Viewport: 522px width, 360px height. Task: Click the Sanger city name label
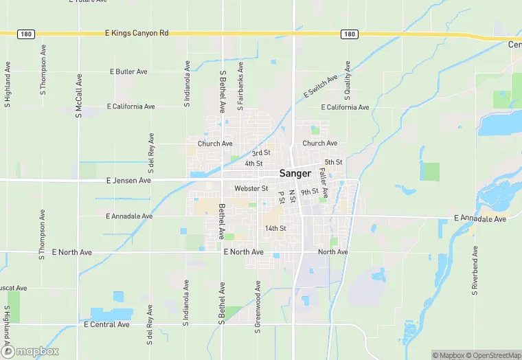295,173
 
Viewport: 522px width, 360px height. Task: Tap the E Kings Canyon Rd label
137,33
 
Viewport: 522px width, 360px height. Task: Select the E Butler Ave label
128,71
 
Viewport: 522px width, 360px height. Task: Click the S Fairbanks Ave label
240,87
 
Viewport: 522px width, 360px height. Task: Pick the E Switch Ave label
321,87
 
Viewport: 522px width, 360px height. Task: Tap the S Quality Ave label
348,81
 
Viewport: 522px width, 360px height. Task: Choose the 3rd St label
261,153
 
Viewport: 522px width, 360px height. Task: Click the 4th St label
254,164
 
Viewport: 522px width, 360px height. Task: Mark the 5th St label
334,162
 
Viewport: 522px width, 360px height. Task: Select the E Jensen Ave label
128,181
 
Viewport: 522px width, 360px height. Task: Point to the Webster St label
251,188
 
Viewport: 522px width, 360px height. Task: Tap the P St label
282,196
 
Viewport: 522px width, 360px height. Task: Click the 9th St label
310,192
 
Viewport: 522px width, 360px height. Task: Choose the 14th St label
275,228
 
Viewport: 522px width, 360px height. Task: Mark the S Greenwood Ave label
258,307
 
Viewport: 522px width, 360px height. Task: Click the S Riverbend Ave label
475,273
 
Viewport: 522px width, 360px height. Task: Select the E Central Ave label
106,324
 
